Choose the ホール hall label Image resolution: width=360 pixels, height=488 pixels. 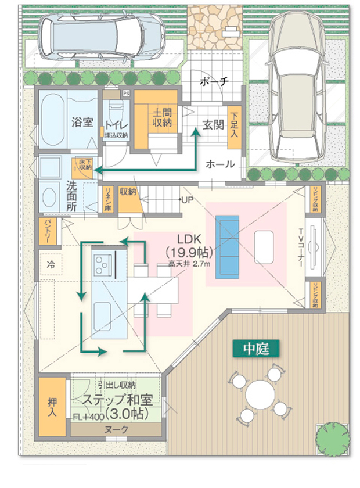pyautogui.click(x=221, y=164)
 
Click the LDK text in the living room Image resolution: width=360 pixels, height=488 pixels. pyautogui.click(x=190, y=240)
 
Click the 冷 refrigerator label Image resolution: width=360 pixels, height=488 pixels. pyautogui.click(x=51, y=263)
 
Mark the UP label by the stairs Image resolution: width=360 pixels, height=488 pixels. pyautogui.click(x=187, y=200)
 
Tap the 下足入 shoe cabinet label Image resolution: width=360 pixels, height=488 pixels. pyautogui.click(x=234, y=124)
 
